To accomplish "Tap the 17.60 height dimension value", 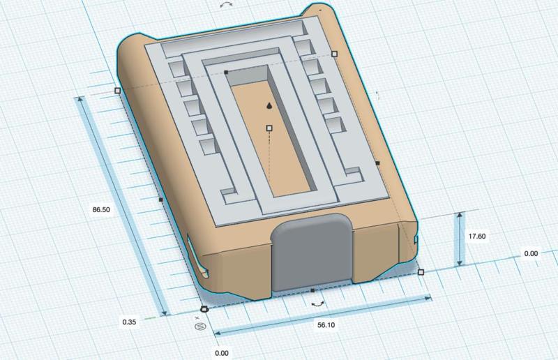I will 478,237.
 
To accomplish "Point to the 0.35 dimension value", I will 128,322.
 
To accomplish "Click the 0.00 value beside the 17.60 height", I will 530,254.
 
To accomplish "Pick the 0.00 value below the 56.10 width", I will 221,352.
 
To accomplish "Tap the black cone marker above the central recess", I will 269,105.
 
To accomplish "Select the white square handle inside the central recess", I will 269,128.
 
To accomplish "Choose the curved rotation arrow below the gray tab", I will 318,304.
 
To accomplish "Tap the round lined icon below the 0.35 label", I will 201,325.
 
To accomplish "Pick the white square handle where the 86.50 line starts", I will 117,91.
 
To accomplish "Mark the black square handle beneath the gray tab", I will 312,290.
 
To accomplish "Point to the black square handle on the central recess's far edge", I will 226,72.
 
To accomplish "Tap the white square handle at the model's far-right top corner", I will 334,53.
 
